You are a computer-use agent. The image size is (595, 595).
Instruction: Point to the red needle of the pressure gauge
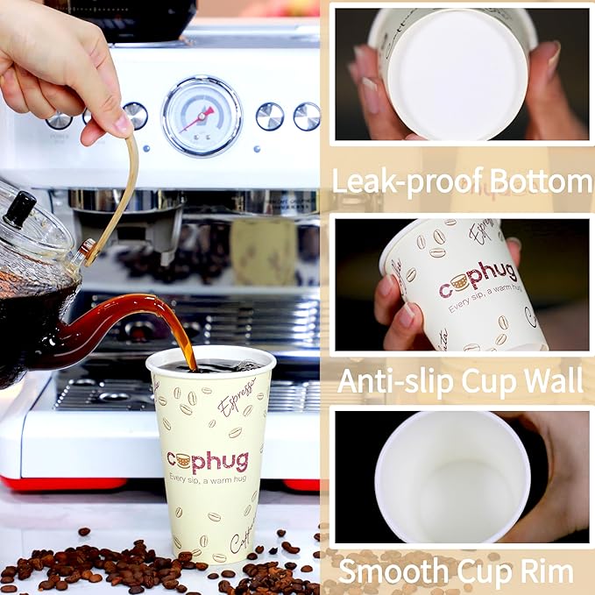tap(199, 116)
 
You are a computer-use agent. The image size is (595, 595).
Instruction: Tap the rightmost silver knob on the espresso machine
tap(307, 117)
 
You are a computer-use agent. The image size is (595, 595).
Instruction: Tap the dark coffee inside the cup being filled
tap(210, 365)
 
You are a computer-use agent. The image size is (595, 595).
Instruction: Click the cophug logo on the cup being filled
tap(208, 460)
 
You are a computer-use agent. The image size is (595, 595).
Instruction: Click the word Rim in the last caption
tap(546, 571)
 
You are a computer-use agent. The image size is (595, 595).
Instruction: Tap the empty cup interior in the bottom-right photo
tap(451, 478)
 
